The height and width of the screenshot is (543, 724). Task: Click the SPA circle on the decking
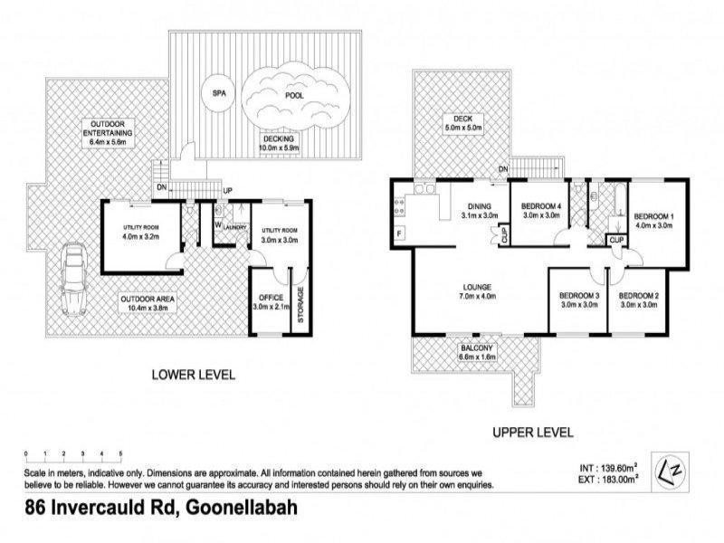(218, 94)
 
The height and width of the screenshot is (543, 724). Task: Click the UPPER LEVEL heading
(532, 433)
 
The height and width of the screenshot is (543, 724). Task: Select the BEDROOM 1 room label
(653, 221)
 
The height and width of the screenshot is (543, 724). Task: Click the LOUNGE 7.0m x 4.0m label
(477, 292)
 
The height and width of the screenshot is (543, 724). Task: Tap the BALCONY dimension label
(476, 353)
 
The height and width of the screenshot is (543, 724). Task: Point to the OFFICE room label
(271, 301)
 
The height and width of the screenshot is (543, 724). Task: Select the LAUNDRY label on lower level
(236, 229)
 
